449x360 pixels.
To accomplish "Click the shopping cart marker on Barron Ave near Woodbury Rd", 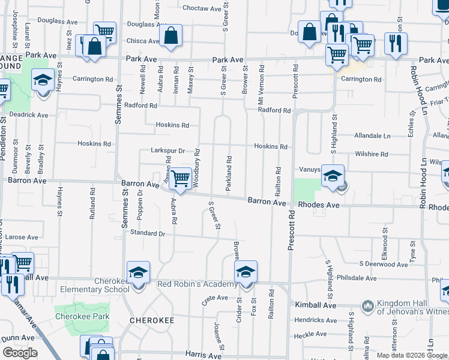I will coord(179,178).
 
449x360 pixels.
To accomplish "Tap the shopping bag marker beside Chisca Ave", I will coord(171,35).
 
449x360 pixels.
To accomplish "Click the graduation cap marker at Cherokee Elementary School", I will coord(139,273).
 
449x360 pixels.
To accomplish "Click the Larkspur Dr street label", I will coord(167,151).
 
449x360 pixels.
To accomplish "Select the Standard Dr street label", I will coord(147,233).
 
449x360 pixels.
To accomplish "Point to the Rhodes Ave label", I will coord(319,205).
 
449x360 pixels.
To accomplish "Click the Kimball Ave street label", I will coord(316,305).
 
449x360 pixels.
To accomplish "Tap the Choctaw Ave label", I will coord(202,8).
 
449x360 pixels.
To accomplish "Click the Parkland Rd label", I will coord(229,174).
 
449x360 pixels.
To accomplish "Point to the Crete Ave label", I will coord(215,298).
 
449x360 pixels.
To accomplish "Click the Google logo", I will coord(20,353).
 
